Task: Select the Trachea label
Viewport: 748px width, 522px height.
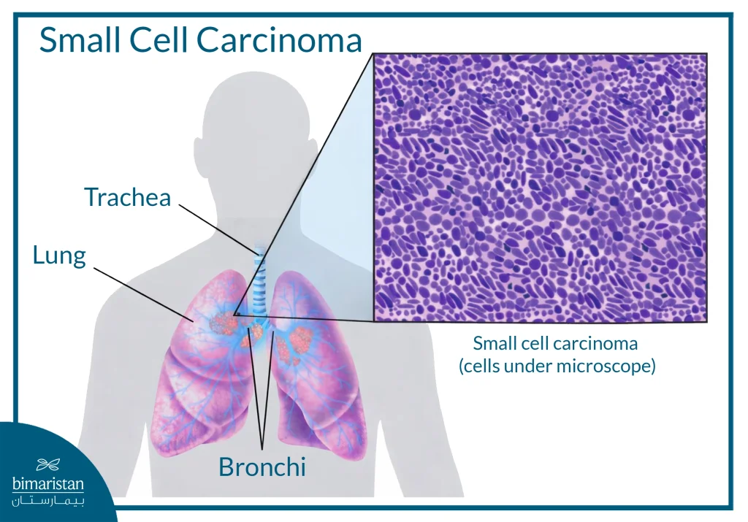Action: pyautogui.click(x=127, y=197)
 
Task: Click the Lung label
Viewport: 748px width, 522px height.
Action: pyautogui.click(x=59, y=255)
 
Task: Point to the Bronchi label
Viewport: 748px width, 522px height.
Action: pyautogui.click(x=262, y=467)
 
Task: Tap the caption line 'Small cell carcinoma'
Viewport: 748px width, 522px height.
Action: pyautogui.click(x=555, y=343)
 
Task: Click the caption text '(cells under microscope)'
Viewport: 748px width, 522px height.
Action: pyautogui.click(x=557, y=366)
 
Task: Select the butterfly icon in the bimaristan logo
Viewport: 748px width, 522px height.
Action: pyautogui.click(x=48, y=464)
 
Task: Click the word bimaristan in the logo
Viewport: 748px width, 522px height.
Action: pyautogui.click(x=48, y=483)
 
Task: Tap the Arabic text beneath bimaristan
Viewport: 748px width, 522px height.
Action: pyautogui.click(x=48, y=502)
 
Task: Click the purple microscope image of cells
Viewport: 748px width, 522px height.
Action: pyautogui.click(x=540, y=188)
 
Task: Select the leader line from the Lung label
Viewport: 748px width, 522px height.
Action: pyautogui.click(x=139, y=292)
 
